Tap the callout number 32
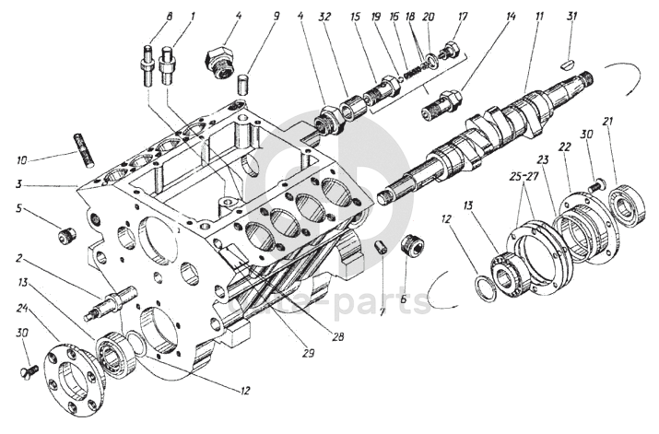324,18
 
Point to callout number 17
463,18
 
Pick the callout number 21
607,122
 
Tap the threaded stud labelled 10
84,151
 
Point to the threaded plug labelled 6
415,248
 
